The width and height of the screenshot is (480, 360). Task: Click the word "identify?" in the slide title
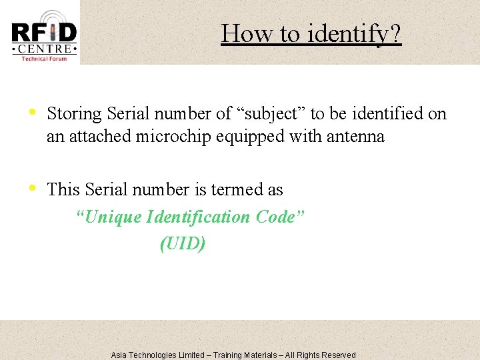pos(355,33)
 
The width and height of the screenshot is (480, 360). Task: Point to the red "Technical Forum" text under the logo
pos(44,59)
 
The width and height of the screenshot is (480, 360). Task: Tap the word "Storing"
pos(74,114)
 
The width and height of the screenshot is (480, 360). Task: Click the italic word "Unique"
pos(99,217)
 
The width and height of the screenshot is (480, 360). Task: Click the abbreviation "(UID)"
pos(183,244)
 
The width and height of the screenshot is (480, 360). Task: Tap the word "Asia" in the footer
pos(119,355)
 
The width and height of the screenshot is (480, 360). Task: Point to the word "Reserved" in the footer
pos(339,355)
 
